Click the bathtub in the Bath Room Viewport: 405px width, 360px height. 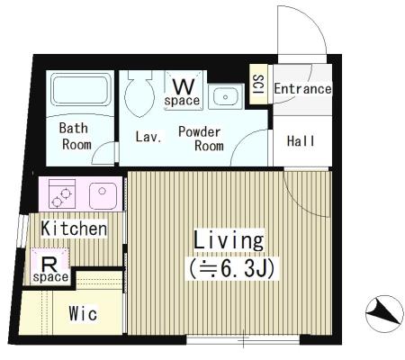[x=80, y=90]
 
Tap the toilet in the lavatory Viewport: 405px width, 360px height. [x=139, y=94]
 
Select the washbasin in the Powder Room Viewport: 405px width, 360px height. [x=225, y=96]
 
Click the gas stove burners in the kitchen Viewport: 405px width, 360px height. [x=62, y=194]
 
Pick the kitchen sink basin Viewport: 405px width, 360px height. [x=103, y=195]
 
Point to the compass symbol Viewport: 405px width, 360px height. [x=384, y=313]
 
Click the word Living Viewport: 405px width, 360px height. [x=229, y=240]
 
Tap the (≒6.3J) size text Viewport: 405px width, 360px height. [x=231, y=268]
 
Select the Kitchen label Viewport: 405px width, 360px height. [x=74, y=229]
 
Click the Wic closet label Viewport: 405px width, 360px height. [x=83, y=313]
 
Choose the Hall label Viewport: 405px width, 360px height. [x=301, y=141]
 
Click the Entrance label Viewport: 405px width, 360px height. [x=302, y=89]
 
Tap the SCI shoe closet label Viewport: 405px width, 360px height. [x=258, y=85]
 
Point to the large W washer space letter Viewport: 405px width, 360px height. [x=184, y=86]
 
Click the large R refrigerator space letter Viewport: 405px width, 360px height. [x=49, y=265]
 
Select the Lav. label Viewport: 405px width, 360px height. [x=148, y=137]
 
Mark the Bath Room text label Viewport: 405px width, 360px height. [x=75, y=136]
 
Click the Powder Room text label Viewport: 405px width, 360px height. [x=201, y=139]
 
